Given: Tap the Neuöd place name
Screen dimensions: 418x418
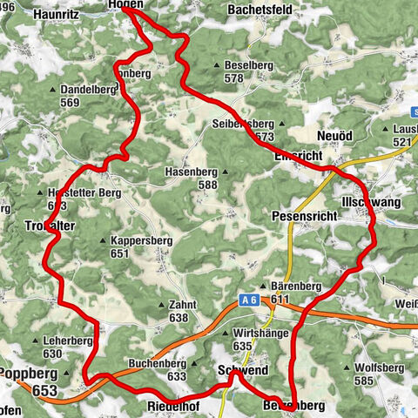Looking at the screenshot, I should [x=336, y=138].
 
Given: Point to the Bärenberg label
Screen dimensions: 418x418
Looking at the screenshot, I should [x=296, y=287].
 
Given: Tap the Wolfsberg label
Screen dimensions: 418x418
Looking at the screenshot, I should [x=381, y=368].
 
